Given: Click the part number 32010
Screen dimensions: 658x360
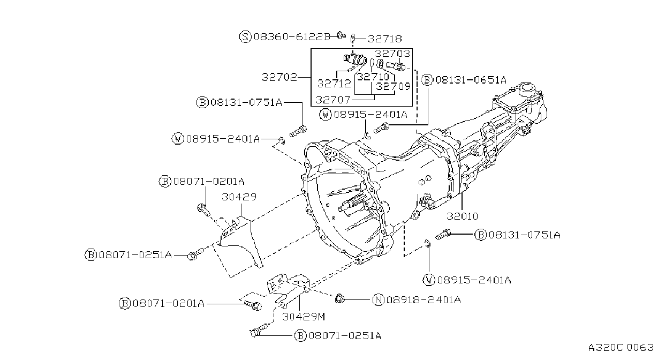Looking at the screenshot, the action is click(463, 216).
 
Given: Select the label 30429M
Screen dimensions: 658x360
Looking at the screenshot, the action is click(304, 317).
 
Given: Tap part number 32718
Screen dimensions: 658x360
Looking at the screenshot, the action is click(384, 39).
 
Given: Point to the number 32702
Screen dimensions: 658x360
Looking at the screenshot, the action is click(279, 77).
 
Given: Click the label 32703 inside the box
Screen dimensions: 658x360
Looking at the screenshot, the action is click(392, 54).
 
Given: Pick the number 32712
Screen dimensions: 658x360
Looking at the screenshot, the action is click(334, 84).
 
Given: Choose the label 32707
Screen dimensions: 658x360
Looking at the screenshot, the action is click(333, 100).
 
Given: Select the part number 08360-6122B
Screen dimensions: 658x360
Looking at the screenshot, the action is click(292, 37).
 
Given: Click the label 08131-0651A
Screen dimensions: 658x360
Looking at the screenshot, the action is click(471, 80).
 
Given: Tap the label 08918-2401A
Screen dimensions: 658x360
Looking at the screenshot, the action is click(423, 300).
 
